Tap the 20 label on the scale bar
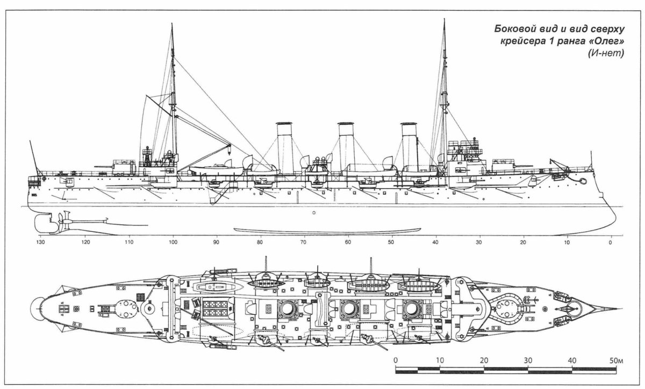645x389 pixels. point(484,360)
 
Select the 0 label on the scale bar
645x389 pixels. point(396,360)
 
